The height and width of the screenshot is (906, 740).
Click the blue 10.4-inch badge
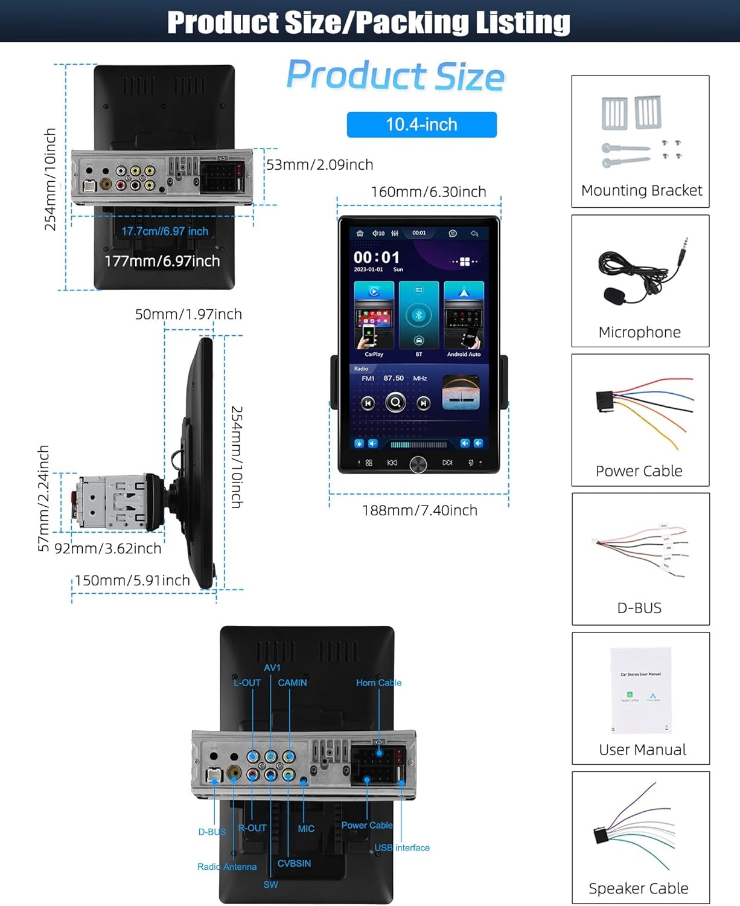pyautogui.click(x=421, y=124)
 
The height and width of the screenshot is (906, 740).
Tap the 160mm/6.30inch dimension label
pyautogui.click(x=428, y=192)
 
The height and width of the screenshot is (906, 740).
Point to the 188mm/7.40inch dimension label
pyautogui.click(x=419, y=510)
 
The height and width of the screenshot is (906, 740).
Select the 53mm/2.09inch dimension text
pyautogui.click(x=320, y=165)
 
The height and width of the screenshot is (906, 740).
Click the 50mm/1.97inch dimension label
pyautogui.click(x=188, y=314)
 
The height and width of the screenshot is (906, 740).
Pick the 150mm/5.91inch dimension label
pyautogui.click(x=132, y=580)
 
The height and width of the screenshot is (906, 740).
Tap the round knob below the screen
pyautogui.click(x=418, y=464)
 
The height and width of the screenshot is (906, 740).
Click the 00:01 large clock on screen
pyautogui.click(x=377, y=257)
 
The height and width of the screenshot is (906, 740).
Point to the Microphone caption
pyautogui.click(x=639, y=332)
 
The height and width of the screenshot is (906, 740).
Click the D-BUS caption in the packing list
pyautogui.click(x=639, y=608)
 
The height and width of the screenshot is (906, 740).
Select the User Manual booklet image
pyautogui.click(x=640, y=690)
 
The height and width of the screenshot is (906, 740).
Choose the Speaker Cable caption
pyautogui.click(x=638, y=888)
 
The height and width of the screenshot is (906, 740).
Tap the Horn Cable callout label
pyautogui.click(x=378, y=683)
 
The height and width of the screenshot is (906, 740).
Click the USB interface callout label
pyautogui.click(x=402, y=847)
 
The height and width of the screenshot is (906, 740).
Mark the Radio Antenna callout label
pyautogui.click(x=227, y=867)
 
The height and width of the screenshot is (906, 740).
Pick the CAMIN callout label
pyautogui.click(x=292, y=683)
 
